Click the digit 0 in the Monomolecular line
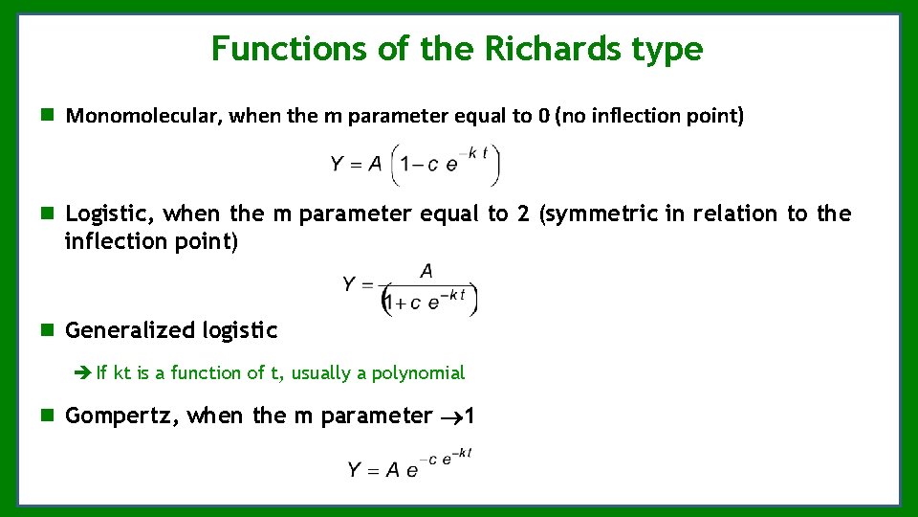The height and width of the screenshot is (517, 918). [x=543, y=117]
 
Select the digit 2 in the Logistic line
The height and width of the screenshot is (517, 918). [x=523, y=214]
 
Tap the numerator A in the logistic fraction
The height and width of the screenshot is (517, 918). [x=426, y=272]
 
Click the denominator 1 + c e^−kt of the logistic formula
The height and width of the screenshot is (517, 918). [x=428, y=302]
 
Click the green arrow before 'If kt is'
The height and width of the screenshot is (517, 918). [x=82, y=372]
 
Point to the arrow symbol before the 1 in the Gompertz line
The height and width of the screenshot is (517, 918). [x=449, y=416]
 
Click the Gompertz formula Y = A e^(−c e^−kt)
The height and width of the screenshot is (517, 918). [x=410, y=464]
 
